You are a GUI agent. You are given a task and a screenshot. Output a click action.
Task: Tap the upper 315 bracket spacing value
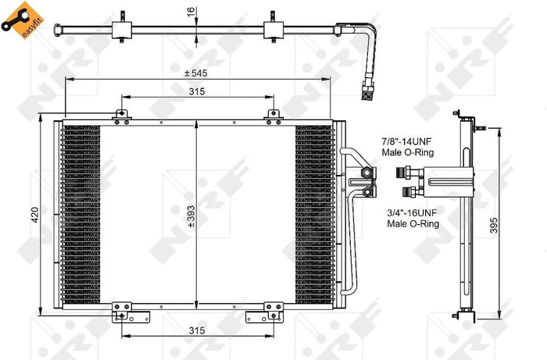pyautogui.click(x=196, y=91)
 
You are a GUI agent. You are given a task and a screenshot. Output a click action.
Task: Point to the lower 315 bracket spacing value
pyautogui.click(x=196, y=332)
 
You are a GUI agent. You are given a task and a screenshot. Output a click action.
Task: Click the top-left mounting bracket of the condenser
pyautogui.click(x=120, y=116)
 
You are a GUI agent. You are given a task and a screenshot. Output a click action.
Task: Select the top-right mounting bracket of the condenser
pyautogui.click(x=273, y=116)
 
